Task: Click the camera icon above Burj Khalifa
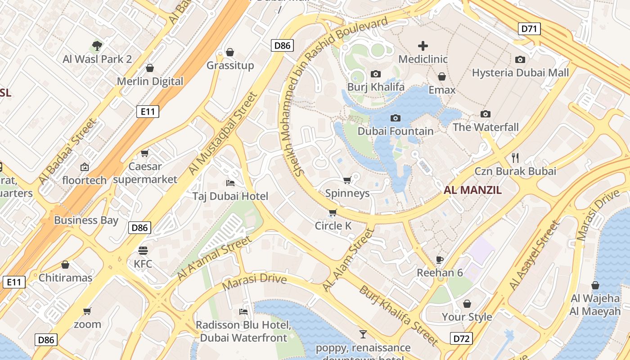[376, 74]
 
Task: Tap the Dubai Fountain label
[396, 131]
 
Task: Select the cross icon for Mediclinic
[423, 45]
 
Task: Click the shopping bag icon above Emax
[442, 77]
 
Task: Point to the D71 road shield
[530, 29]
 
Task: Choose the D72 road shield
[461, 338]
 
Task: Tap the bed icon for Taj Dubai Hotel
[230, 183]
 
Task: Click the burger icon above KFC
[143, 250]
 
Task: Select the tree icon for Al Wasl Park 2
[97, 45]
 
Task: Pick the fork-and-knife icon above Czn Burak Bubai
[515, 157]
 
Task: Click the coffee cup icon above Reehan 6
[440, 260]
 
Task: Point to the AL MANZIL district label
[472, 190]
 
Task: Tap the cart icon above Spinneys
[347, 180]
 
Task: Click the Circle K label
[333, 226]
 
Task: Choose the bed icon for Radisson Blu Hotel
[243, 311]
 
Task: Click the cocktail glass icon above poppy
[363, 334]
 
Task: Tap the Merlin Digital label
[150, 81]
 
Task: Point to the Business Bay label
[86, 220]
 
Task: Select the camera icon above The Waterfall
[485, 114]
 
